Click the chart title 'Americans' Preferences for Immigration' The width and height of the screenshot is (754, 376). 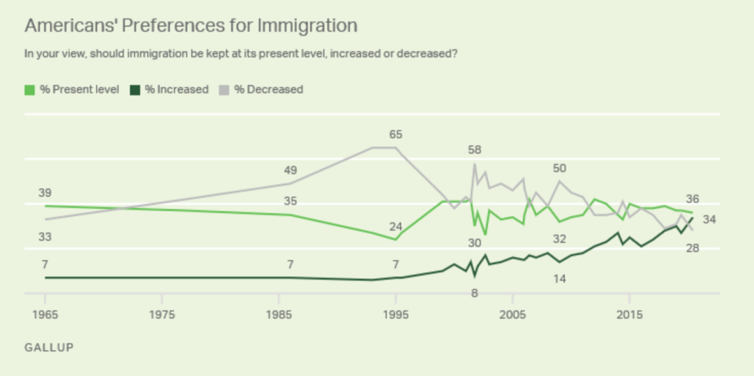[x=191, y=26]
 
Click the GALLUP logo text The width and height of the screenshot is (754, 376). [x=49, y=347]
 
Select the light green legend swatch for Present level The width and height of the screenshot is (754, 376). [x=29, y=89]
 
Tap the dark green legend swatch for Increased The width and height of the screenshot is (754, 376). [x=135, y=89]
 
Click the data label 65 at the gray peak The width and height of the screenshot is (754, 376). [x=396, y=134]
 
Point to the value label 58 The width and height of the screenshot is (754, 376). [x=475, y=150]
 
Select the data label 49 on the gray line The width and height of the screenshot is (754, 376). [x=290, y=171]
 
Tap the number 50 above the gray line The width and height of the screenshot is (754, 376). [x=559, y=168]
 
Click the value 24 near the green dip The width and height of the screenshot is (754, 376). [x=396, y=226]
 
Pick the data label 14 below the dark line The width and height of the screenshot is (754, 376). [x=559, y=279]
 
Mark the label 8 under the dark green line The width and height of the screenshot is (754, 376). [x=475, y=293]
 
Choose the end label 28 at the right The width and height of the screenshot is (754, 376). [x=693, y=248]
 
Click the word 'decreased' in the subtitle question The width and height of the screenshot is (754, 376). [x=426, y=53]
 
